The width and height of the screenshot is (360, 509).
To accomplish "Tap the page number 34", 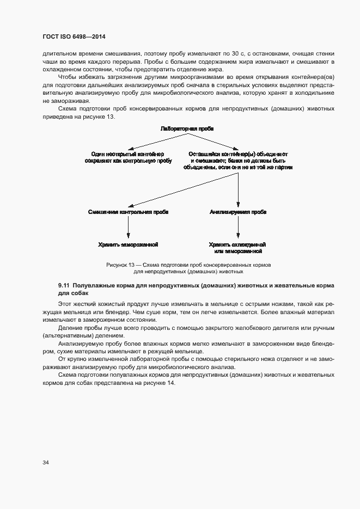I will (46, 462).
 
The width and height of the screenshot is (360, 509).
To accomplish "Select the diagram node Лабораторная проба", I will (187, 129).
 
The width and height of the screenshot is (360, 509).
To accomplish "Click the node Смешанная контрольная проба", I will (128, 211).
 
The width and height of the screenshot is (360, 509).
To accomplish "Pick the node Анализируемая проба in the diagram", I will (238, 211).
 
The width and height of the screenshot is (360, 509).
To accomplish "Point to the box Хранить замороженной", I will (128, 244).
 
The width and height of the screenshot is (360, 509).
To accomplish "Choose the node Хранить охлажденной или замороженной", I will (239, 248).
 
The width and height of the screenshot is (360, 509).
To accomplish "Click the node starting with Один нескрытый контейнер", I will (128, 157).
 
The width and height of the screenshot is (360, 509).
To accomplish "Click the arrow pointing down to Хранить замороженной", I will (128, 228).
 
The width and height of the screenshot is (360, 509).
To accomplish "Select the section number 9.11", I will (64, 285).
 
